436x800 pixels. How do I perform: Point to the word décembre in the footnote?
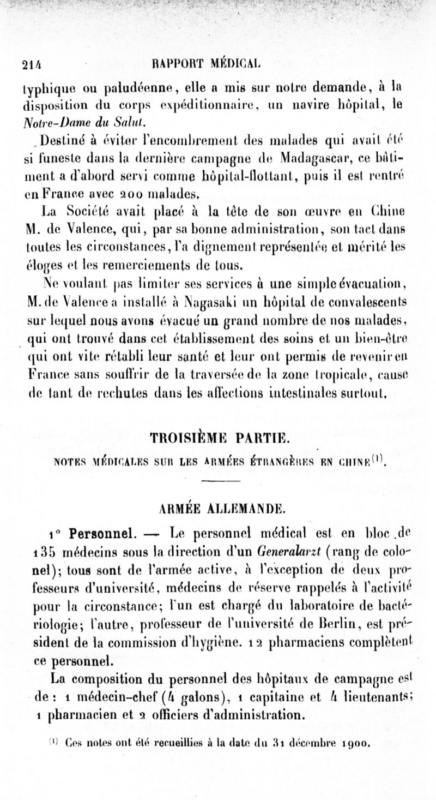pyautogui.click(x=302, y=742)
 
